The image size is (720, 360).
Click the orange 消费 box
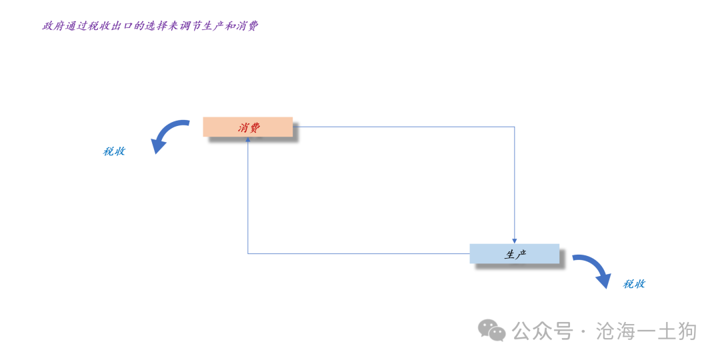[248, 127]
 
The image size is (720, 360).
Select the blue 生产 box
[514, 253]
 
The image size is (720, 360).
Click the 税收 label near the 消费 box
[114, 151]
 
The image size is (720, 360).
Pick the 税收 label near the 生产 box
[634, 284]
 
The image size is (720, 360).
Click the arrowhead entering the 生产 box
[514, 241]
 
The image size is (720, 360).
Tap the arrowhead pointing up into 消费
[248, 139]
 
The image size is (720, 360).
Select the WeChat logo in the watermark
[492, 330]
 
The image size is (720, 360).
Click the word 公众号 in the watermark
[543, 331]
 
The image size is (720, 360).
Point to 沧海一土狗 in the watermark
[647, 331]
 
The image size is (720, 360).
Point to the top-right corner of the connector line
[514, 127]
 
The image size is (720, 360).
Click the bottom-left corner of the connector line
[248, 253]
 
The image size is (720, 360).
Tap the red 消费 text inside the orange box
[249, 127]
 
